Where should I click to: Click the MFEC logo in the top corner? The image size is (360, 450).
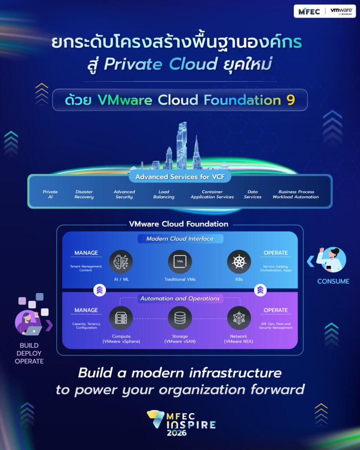tap(309, 11)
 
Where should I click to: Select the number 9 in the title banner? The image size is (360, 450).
tap(291, 100)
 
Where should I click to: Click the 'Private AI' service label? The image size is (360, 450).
tap(50, 194)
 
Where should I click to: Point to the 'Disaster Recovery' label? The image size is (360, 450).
tap(84, 194)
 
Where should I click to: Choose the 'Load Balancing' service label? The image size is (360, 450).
tap(164, 194)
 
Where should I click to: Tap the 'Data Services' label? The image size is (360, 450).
tap(253, 194)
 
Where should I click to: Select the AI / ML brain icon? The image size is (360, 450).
tap(121, 262)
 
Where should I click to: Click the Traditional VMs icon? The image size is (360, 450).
tap(180, 262)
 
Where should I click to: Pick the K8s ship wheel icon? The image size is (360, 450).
tap(239, 262)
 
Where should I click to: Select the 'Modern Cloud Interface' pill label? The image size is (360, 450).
tap(180, 239)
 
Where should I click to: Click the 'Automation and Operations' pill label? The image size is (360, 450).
tap(180, 298)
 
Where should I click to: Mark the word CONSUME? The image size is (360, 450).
tap(333, 281)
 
